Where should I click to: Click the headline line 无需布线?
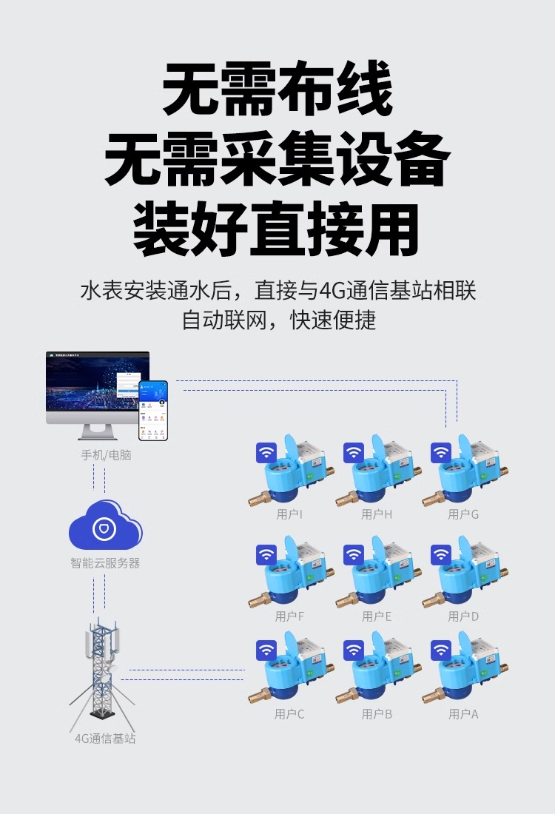point(277,89)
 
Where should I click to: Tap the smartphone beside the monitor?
point(153,410)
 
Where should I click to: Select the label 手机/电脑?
point(106,455)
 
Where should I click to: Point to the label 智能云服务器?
point(105,563)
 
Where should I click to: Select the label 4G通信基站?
point(105,739)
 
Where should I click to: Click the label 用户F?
point(289,616)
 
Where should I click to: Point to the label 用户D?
point(464,616)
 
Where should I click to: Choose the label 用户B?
point(377,714)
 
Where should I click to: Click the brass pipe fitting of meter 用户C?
point(258,696)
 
